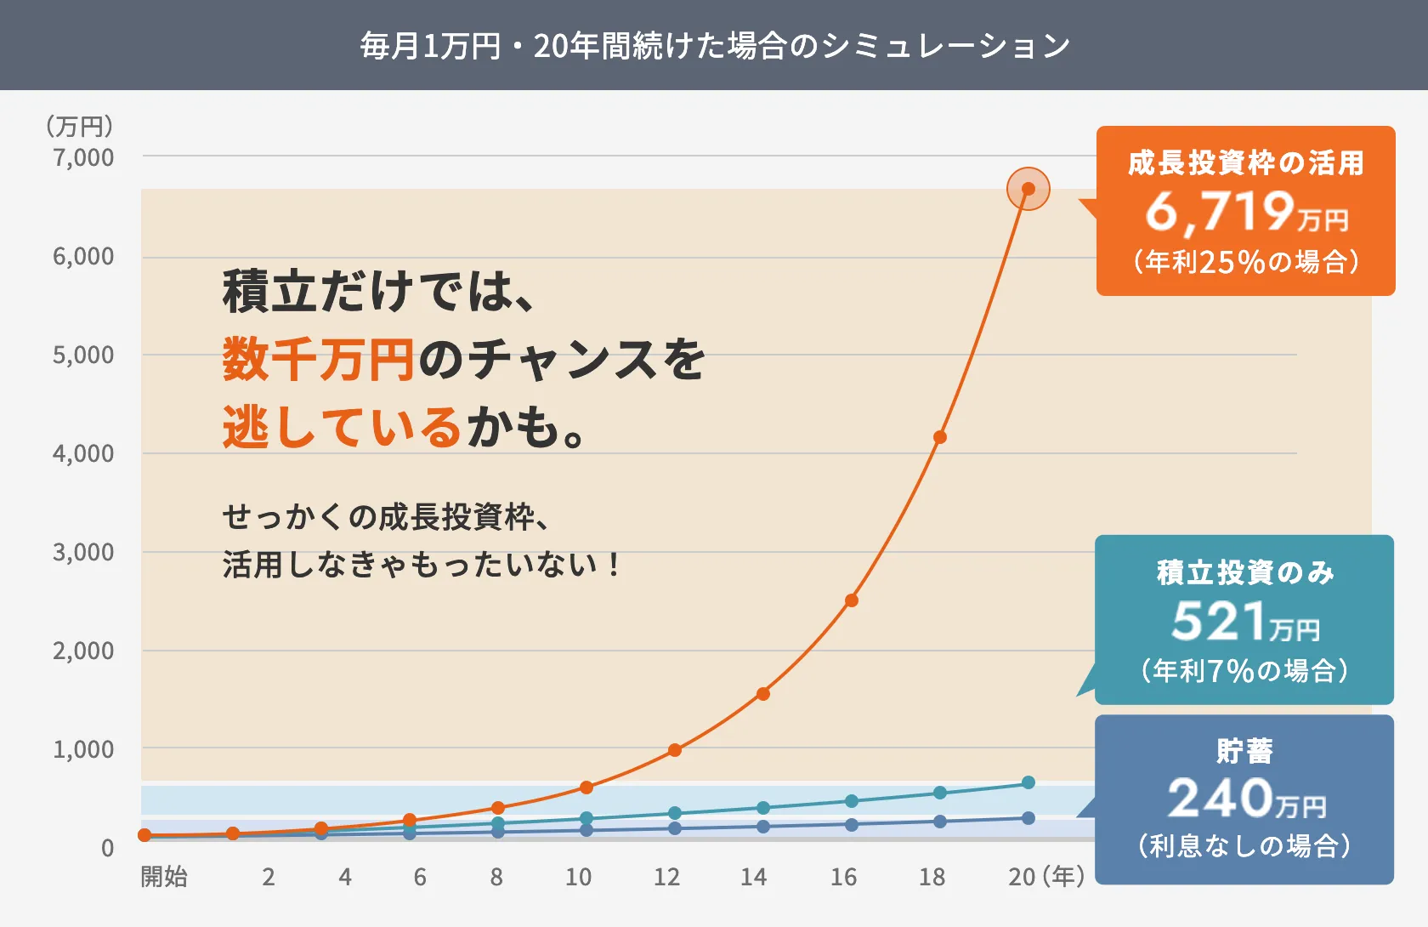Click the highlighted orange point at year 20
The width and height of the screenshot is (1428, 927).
pyautogui.click(x=1028, y=189)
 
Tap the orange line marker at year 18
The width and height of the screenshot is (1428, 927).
pyautogui.click(x=939, y=437)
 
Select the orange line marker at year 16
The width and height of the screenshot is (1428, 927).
pyautogui.click(x=851, y=600)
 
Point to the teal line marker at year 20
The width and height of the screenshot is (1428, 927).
pyautogui.click(x=1028, y=782)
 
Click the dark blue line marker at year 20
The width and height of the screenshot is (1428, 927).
pyautogui.click(x=1028, y=818)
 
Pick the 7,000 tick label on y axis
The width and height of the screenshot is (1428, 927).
pyautogui.click(x=82, y=157)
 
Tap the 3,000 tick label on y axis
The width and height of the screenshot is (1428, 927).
pyautogui.click(x=82, y=552)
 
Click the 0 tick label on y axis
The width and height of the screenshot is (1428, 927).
pyautogui.click(x=107, y=848)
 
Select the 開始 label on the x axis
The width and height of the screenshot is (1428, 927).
pyautogui.click(x=164, y=877)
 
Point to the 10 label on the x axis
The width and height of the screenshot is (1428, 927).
pyautogui.click(x=578, y=877)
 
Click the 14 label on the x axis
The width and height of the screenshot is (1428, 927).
pyautogui.click(x=753, y=877)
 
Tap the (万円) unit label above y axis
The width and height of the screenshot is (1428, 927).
pyautogui.click(x=79, y=127)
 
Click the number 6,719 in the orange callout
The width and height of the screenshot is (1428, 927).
pyautogui.click(x=1220, y=211)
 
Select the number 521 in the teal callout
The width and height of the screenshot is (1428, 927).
pyautogui.click(x=1219, y=621)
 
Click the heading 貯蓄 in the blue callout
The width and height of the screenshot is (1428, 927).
pyautogui.click(x=1244, y=751)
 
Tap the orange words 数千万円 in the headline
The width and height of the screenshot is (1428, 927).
pyautogui.click(x=319, y=359)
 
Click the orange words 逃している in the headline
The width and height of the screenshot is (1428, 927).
pyautogui.click(x=342, y=427)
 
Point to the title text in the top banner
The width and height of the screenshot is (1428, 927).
pyautogui.click(x=714, y=46)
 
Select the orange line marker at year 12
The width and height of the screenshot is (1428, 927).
pyautogui.click(x=674, y=750)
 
